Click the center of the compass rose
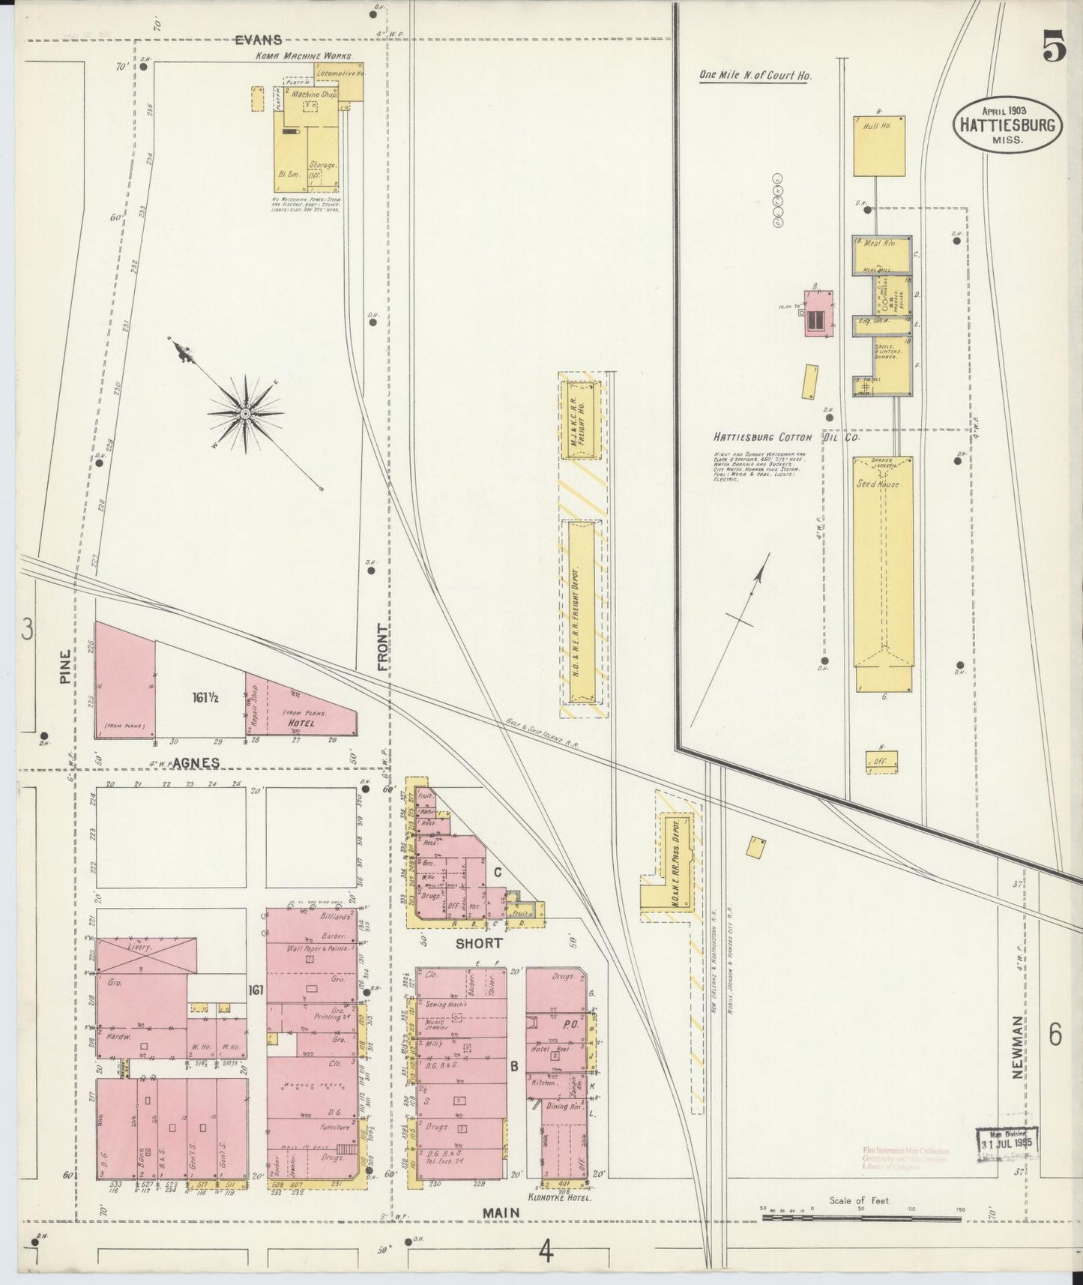245,413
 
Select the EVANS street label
258,40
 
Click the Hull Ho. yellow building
878,145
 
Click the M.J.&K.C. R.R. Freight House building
581,420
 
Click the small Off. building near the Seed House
881,760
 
